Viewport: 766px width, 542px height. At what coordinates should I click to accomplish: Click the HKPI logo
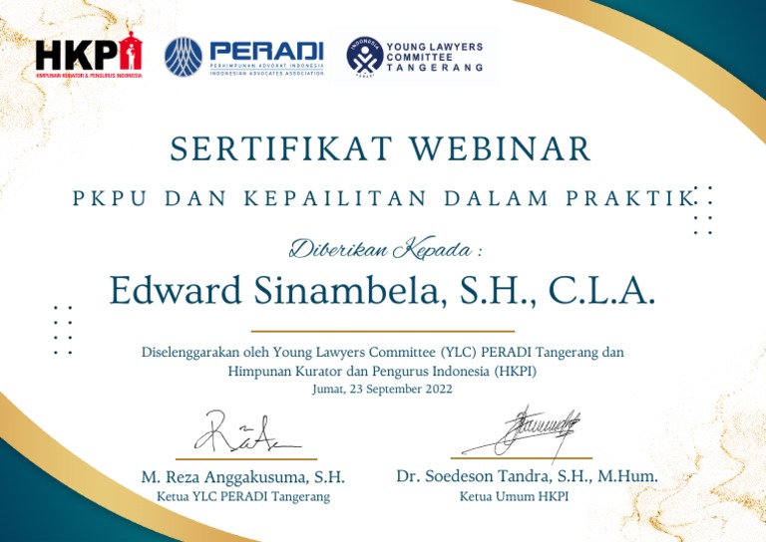89,58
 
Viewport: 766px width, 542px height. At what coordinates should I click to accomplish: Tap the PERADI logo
243,58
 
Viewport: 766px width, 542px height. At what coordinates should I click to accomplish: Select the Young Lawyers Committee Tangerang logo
414,57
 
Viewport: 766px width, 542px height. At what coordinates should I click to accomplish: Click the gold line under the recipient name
383,331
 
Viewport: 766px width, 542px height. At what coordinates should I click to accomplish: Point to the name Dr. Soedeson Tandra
488,477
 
